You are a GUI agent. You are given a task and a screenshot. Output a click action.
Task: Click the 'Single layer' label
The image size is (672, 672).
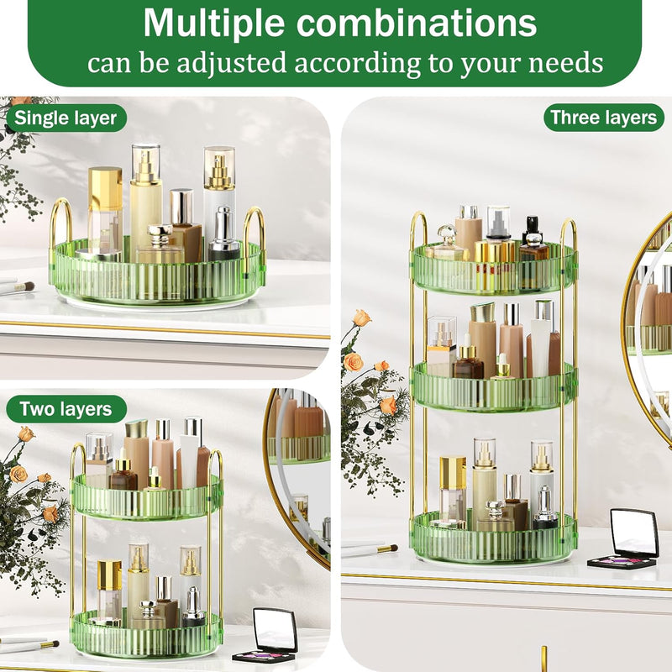coord(66,118)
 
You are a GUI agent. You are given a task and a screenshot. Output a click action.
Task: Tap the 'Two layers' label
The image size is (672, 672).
coord(66,409)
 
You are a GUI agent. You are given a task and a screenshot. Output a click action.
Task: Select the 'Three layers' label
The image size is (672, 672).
coord(603,118)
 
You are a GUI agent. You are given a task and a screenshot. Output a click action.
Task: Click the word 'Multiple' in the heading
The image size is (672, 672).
coord(213,23)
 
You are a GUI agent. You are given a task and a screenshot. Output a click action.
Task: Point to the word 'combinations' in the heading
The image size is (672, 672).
coord(417,23)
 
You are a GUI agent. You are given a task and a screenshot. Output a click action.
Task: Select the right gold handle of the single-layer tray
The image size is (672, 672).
coord(255,234)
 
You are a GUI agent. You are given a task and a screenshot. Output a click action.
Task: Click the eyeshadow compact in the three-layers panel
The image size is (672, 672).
coord(624,538)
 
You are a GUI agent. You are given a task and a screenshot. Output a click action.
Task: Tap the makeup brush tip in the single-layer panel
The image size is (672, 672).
coord(29,286)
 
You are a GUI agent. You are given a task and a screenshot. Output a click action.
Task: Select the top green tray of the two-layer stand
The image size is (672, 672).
coord(146,497)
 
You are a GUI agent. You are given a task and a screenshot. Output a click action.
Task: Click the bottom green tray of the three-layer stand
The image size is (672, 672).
coord(494,538)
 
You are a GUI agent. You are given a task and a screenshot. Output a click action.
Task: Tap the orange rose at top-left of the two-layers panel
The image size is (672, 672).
coord(27,434)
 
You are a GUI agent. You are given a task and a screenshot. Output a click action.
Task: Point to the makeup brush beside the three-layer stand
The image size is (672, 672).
coord(370,549)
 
